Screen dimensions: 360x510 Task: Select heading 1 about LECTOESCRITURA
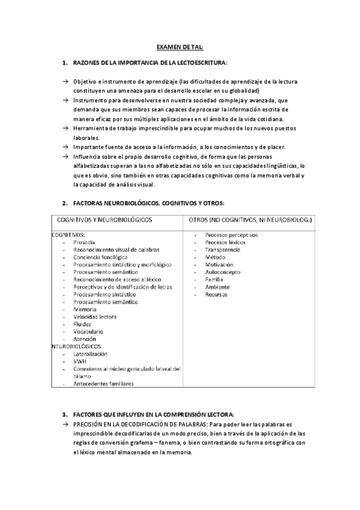tap(150, 63)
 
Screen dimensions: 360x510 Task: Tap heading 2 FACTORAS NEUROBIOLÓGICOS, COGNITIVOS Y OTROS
tap(148, 204)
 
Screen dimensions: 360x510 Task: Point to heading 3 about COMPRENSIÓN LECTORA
tap(153, 415)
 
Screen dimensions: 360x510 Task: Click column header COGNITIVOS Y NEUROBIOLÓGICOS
tap(105, 220)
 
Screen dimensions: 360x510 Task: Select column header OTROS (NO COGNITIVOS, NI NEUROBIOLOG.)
tap(250, 220)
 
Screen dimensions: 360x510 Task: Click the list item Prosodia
tap(86, 242)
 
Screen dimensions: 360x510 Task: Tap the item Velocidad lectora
tap(95, 316)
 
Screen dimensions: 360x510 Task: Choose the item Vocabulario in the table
tap(88, 331)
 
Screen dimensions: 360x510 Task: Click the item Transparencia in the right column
tap(222, 250)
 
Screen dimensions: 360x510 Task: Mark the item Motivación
tap(219, 264)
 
